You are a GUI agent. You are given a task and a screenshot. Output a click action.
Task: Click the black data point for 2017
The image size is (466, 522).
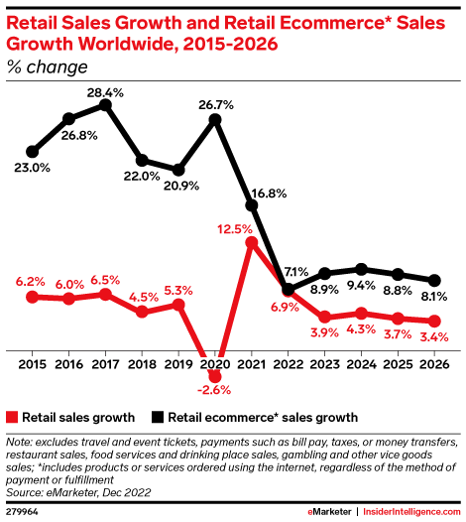[x=106, y=104]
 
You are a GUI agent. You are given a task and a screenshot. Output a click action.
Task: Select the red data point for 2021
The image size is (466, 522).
[x=252, y=242]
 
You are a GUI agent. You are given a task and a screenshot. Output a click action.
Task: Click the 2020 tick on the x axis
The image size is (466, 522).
[x=215, y=364]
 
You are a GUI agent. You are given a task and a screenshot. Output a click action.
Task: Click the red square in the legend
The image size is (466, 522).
[x=12, y=417]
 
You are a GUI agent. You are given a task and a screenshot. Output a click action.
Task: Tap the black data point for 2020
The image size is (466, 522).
[x=215, y=119]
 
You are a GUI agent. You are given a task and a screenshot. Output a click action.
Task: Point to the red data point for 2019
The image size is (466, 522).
[x=178, y=304]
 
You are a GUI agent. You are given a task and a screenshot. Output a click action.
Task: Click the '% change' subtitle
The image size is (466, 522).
[x=47, y=67]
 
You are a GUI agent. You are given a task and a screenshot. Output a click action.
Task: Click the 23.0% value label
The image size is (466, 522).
[x=32, y=168]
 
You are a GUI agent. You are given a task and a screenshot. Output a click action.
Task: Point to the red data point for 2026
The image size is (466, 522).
[x=433, y=321]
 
